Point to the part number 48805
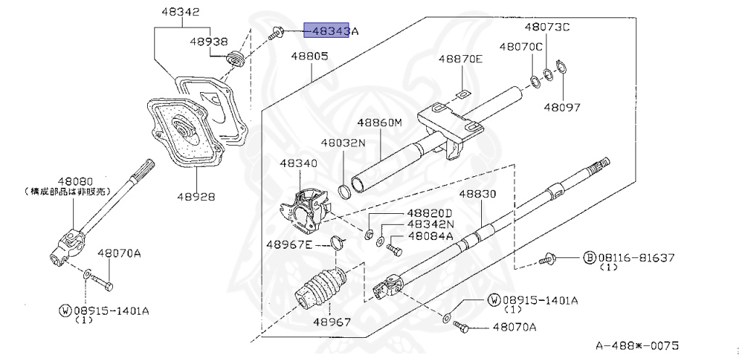coord(310,56)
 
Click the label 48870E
coord(459,59)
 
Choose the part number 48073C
coord(547,28)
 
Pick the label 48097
coord(562,107)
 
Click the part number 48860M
coord(378,123)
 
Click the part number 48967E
coord(289,244)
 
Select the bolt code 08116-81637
coord(635,257)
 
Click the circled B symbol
coord(590,257)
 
